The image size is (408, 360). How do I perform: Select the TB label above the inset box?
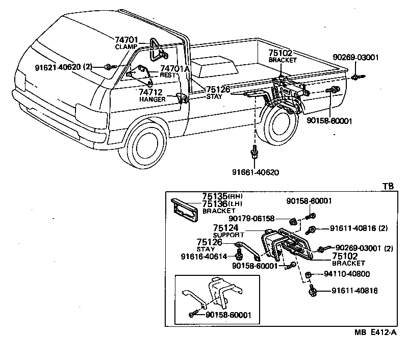(x=388, y=186)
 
